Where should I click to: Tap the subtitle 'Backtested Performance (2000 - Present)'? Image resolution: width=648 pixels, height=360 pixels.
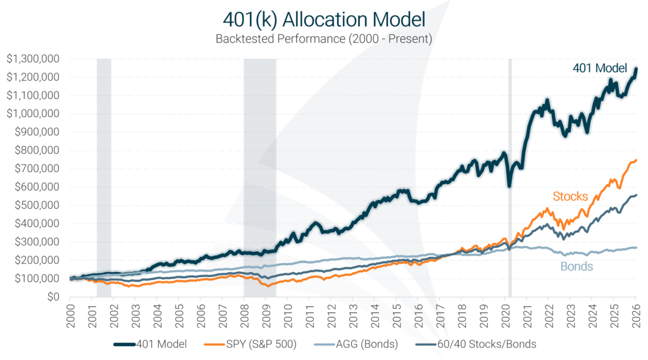point(323,39)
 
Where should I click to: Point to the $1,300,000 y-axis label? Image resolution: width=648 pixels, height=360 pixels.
point(33,59)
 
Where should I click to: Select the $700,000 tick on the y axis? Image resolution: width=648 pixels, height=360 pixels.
point(35,168)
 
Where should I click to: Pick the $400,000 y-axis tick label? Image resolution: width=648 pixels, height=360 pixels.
point(35,223)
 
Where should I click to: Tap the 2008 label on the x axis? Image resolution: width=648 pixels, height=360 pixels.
point(244,313)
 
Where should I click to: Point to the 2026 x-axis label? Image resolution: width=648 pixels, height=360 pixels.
point(637,313)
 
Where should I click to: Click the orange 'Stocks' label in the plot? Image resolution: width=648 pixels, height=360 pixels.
point(570,196)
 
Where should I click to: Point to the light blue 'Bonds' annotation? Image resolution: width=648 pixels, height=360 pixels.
point(576,266)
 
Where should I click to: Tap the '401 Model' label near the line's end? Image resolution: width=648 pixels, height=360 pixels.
point(599,68)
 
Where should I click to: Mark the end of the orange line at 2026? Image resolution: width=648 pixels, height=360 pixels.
point(636,160)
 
